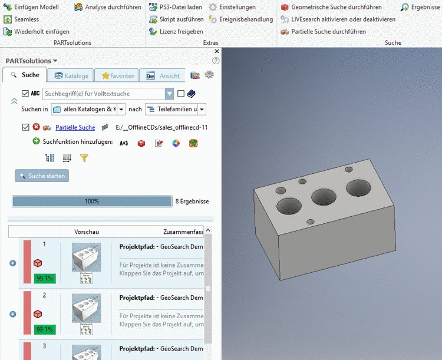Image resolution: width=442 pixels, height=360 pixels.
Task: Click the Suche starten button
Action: tap(42, 176)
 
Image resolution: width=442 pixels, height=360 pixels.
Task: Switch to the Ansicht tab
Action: tap(163, 75)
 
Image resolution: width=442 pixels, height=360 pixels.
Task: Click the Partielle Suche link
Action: tap(75, 127)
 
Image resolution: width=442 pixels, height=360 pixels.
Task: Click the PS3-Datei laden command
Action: tap(180, 7)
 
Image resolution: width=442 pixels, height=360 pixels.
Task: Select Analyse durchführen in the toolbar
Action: tap(113, 7)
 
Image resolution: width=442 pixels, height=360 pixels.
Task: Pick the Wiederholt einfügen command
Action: tap(41, 31)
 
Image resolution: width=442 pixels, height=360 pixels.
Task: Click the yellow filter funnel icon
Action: tap(84, 158)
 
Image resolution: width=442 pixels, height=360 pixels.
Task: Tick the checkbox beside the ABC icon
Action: tap(25, 94)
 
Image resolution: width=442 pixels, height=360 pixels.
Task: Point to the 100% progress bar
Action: tap(91, 202)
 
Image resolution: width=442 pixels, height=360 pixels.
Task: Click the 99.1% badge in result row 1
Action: tap(45, 278)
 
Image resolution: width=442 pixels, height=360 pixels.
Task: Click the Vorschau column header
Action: tap(87, 232)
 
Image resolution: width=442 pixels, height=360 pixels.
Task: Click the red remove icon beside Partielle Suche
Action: tap(36, 127)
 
